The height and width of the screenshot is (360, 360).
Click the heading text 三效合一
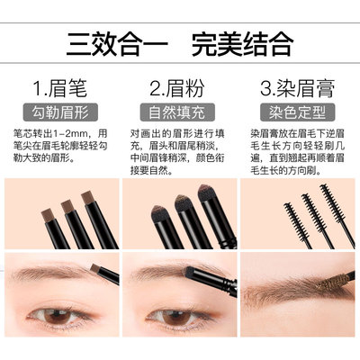point(117,44)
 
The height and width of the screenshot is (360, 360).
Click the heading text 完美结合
point(242,44)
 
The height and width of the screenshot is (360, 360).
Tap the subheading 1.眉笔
point(60,88)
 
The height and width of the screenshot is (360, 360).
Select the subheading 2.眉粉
point(177,88)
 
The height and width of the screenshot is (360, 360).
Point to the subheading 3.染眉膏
point(297,88)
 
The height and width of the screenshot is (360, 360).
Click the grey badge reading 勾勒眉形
point(60,112)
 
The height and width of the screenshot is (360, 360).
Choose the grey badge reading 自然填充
point(177,112)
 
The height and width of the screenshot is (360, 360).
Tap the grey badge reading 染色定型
point(297,112)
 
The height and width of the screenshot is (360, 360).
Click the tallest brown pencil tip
point(88,197)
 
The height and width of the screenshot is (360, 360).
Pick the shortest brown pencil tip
point(48,215)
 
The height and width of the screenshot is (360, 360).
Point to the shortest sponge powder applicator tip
point(159,213)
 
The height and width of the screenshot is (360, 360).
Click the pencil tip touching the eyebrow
point(95,268)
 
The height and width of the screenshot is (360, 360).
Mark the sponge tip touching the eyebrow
point(189,272)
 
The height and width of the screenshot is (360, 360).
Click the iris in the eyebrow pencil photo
point(58,317)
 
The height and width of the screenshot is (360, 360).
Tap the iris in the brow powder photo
point(176,317)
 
